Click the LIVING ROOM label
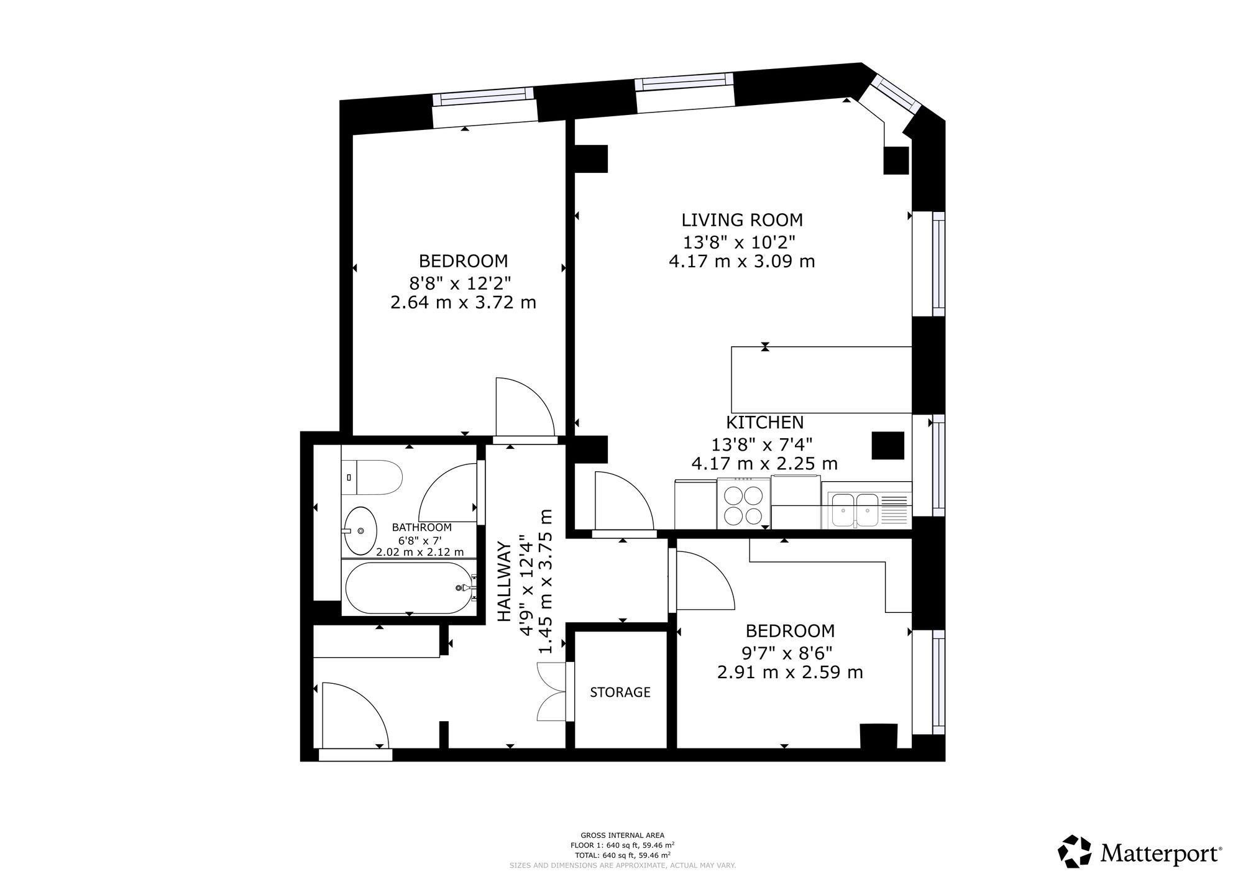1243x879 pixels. point(742,220)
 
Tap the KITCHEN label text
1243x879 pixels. point(765,423)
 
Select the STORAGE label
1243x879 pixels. point(620,692)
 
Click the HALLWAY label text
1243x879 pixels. point(505,582)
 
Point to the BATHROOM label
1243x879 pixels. point(422,527)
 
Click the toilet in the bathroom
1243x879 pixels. point(372,477)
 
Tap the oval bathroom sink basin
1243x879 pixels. point(360,531)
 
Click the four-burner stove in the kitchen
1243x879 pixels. point(744,503)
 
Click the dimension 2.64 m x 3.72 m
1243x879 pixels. point(463,303)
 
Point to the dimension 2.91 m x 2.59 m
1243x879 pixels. point(790,673)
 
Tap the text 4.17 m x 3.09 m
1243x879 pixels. point(742,261)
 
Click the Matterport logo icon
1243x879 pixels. point(1075,852)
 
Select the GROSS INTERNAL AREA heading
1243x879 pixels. point(622,835)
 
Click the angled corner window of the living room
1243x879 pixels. point(895,94)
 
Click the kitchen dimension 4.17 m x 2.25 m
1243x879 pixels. point(764,464)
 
